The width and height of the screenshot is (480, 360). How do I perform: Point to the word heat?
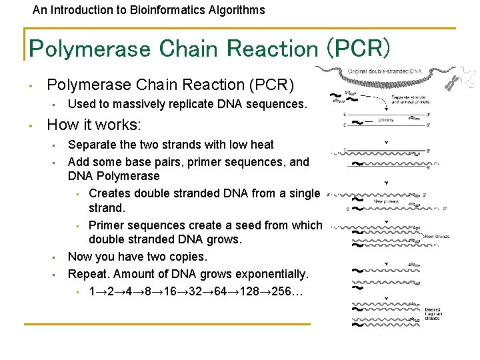pos(261,145)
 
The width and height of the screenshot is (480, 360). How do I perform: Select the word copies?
pos(187,257)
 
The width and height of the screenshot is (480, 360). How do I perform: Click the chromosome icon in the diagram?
pos(453,81)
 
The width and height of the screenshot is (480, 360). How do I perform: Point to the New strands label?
pos(437,236)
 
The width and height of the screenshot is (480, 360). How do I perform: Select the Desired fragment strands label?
pos(433,314)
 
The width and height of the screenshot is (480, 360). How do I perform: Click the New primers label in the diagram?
pos(387,201)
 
